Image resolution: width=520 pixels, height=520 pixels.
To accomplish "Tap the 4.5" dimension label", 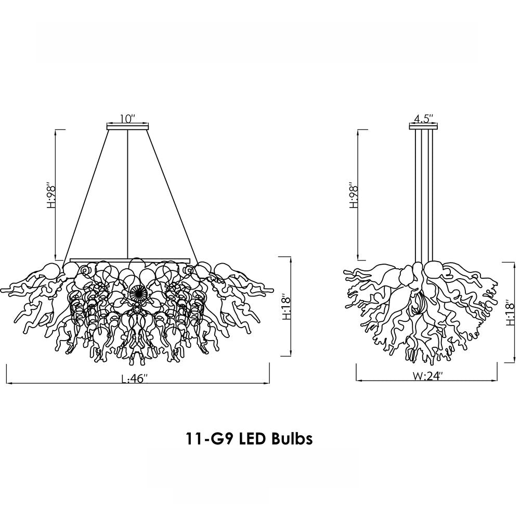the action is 423,119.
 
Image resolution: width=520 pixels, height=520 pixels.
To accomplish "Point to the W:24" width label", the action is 427,376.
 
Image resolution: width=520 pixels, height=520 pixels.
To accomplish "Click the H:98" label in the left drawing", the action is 51,194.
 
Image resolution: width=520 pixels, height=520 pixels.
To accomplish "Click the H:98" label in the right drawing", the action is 354,194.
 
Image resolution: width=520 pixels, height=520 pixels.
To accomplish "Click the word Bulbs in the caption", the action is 292,439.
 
